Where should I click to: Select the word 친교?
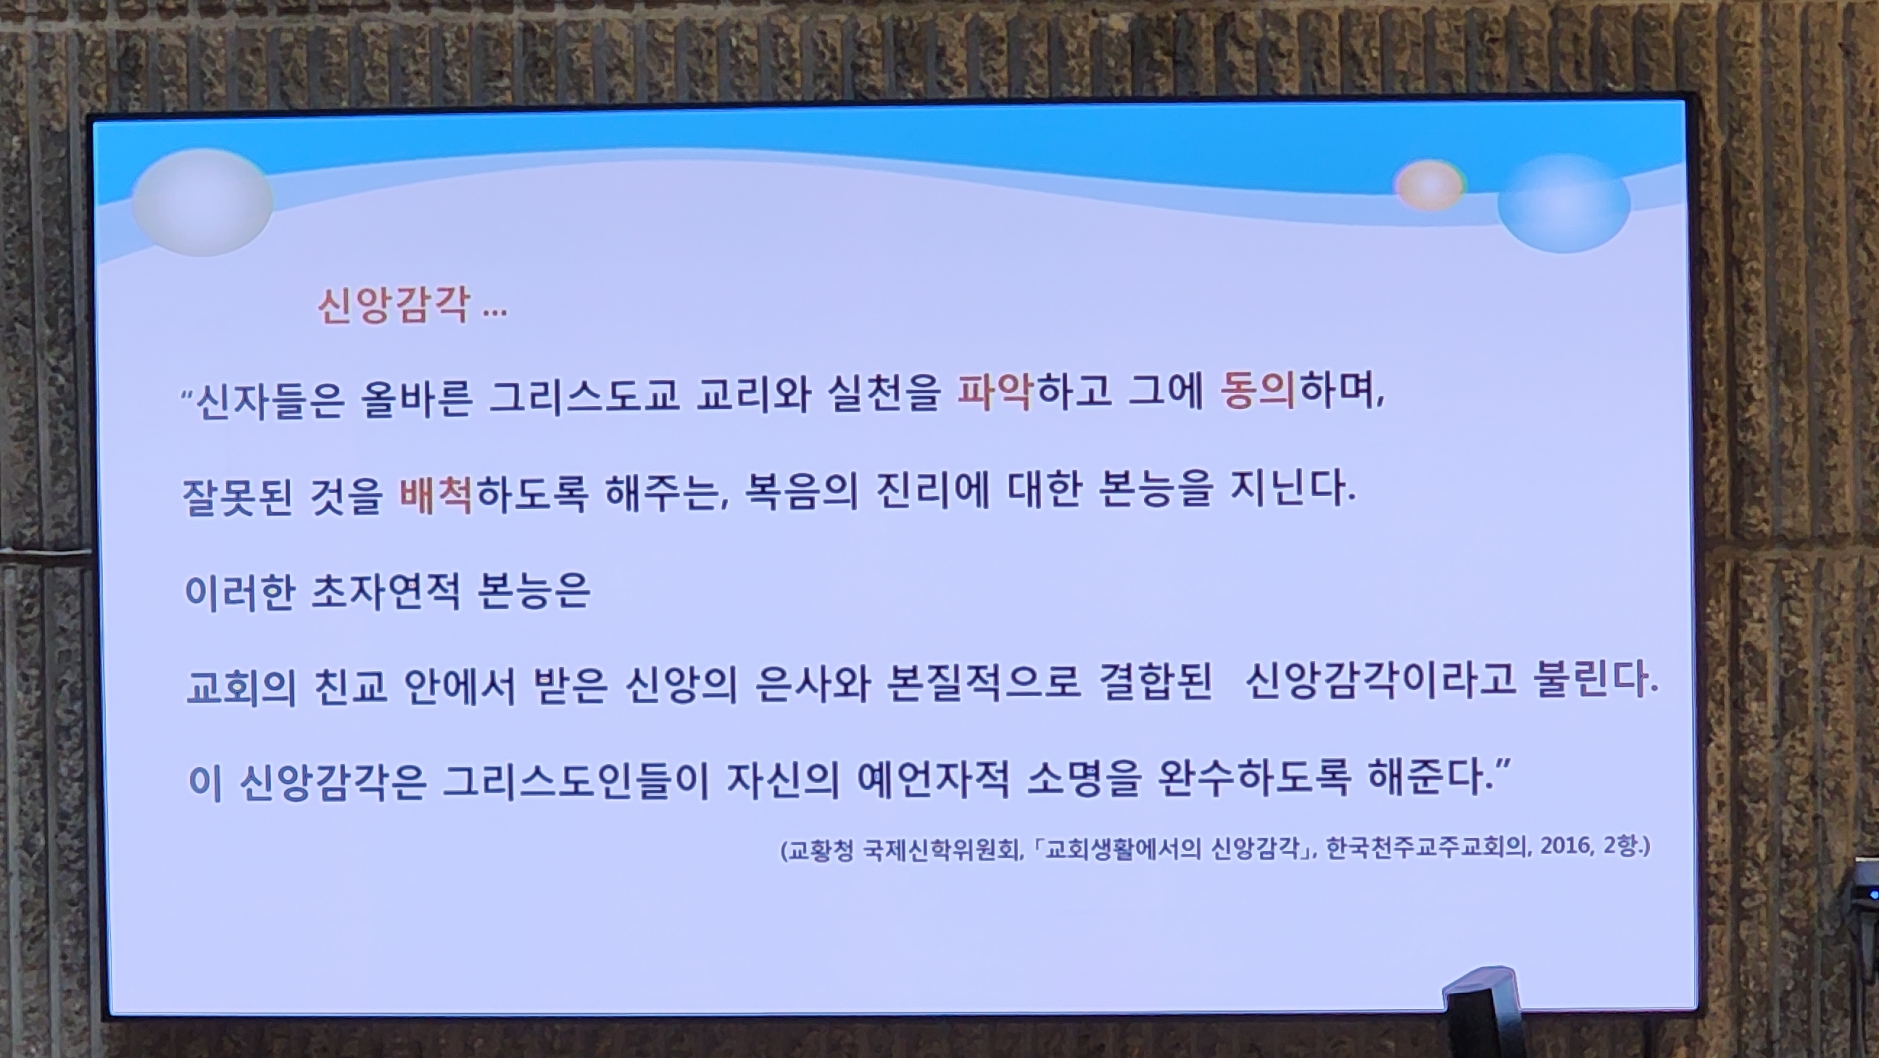click(351, 687)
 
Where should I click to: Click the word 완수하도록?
click(1254, 778)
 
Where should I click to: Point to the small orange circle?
click(1429, 185)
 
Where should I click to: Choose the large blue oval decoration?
click(1564, 203)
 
